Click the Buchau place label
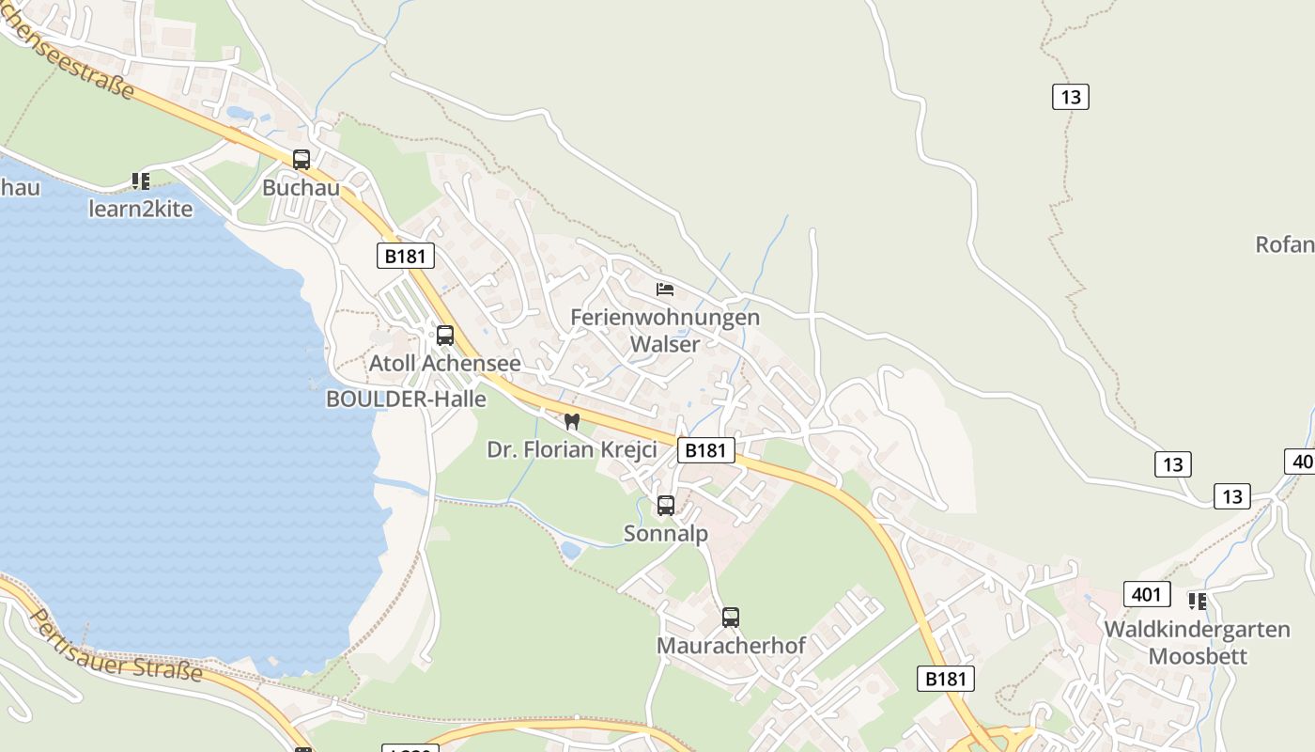(x=301, y=187)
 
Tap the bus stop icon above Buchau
(x=301, y=160)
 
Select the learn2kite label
(x=141, y=209)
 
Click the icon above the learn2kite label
(x=141, y=180)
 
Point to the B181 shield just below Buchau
(x=406, y=256)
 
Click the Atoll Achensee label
(x=444, y=363)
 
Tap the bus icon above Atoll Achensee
(x=445, y=335)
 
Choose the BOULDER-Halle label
(x=406, y=399)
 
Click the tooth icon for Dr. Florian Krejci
(x=571, y=421)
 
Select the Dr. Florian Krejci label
(x=571, y=449)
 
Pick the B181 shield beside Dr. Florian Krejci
(x=705, y=450)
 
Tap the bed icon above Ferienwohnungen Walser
(x=665, y=290)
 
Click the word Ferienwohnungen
(x=665, y=317)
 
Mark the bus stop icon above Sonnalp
(x=666, y=506)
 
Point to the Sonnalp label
(x=666, y=534)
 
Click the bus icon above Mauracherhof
(x=731, y=618)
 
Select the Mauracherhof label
(x=731, y=646)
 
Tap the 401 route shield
(x=1146, y=594)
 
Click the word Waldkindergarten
(x=1197, y=629)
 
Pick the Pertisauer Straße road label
(x=117, y=645)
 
